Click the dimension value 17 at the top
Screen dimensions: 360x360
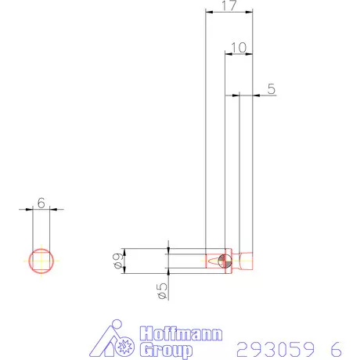click(x=229, y=6)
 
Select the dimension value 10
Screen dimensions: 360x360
click(x=239, y=48)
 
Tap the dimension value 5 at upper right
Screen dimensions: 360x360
click(x=271, y=89)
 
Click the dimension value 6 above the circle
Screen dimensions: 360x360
click(x=41, y=203)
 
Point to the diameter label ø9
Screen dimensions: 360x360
click(x=117, y=261)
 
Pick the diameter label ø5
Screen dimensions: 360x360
click(x=161, y=290)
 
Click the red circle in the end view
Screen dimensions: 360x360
click(x=41, y=260)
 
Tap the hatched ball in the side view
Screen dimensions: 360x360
click(x=225, y=260)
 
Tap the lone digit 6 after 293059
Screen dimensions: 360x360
click(x=336, y=348)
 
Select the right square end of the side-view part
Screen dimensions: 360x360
click(x=247, y=260)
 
